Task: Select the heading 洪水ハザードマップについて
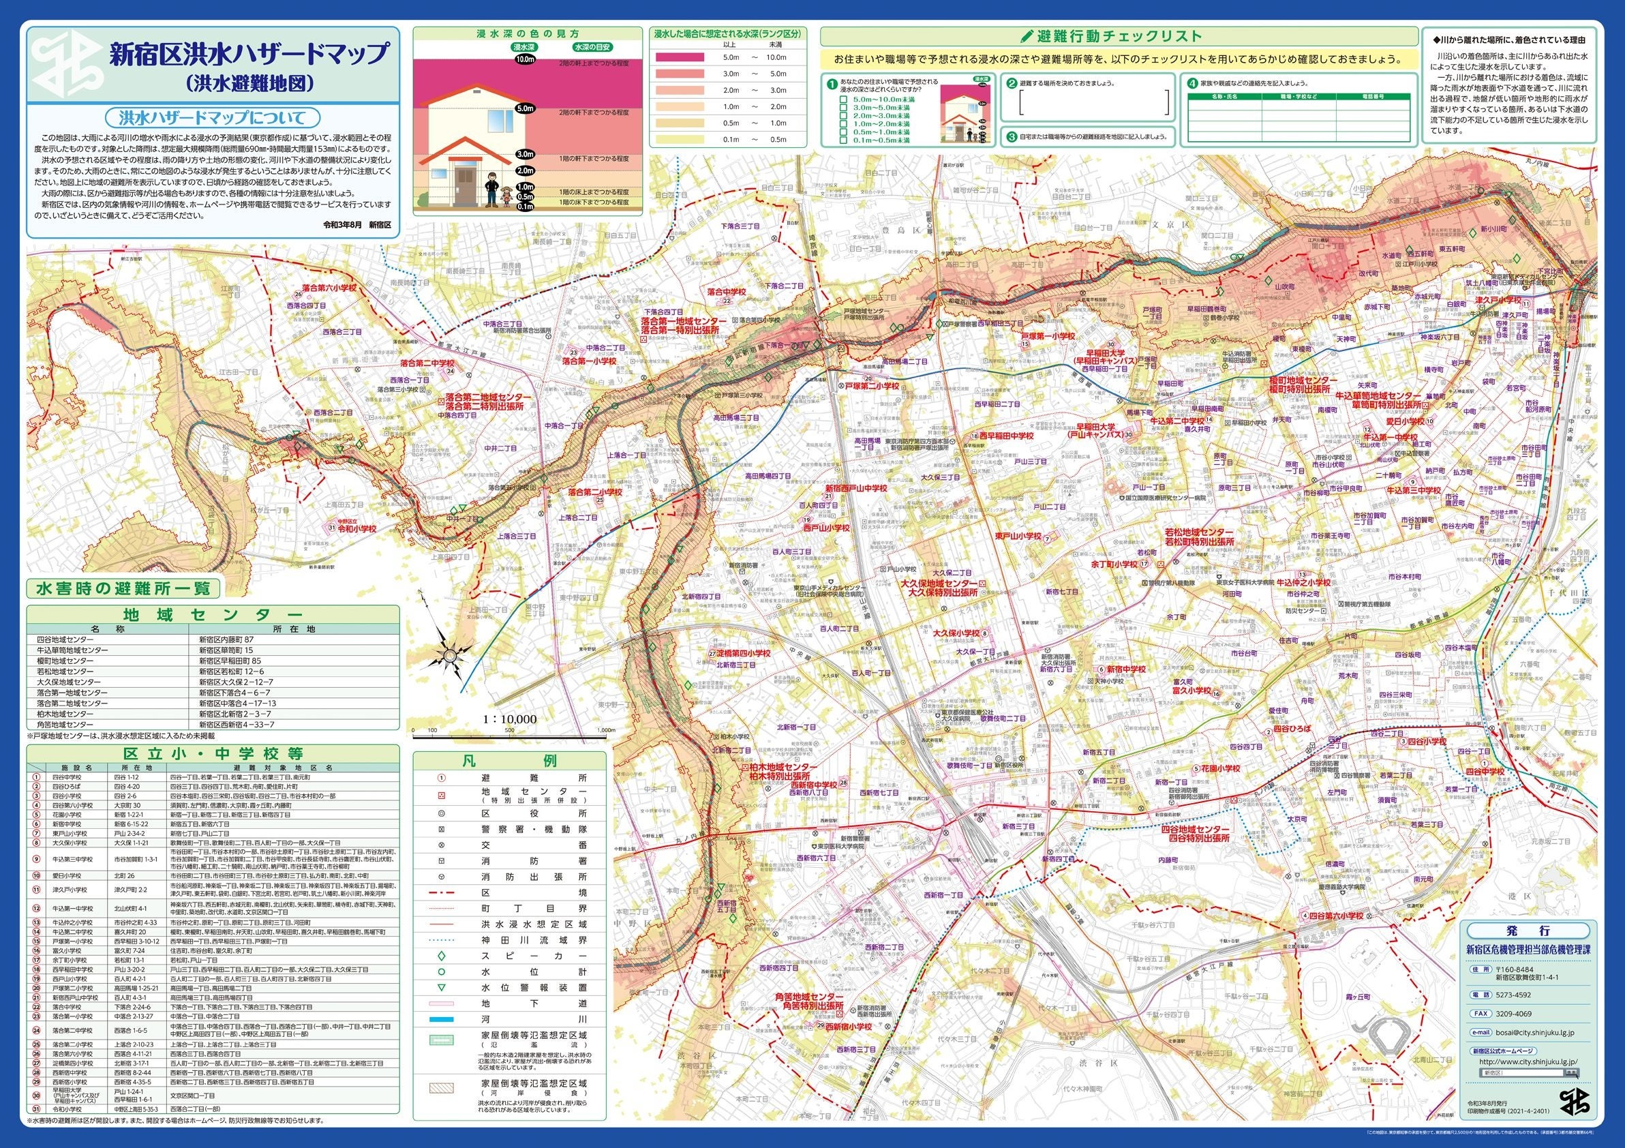(211, 117)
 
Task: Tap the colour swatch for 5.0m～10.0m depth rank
(680, 57)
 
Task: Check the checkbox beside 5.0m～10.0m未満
(843, 100)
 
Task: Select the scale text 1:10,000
(509, 720)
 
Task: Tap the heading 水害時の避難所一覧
(123, 588)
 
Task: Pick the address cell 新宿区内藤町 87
(226, 639)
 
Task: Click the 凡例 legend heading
(509, 761)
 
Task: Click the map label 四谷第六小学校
(1333, 936)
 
